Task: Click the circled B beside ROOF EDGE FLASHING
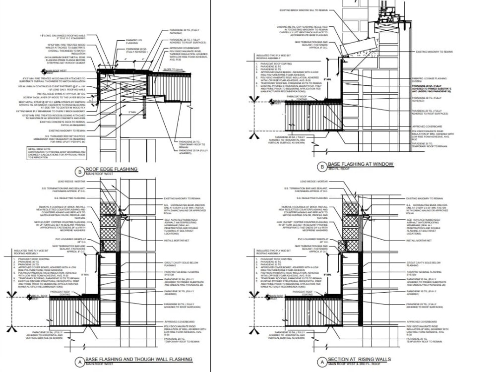80,172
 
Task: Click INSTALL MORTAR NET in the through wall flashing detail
175,240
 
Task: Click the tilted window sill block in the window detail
355,47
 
